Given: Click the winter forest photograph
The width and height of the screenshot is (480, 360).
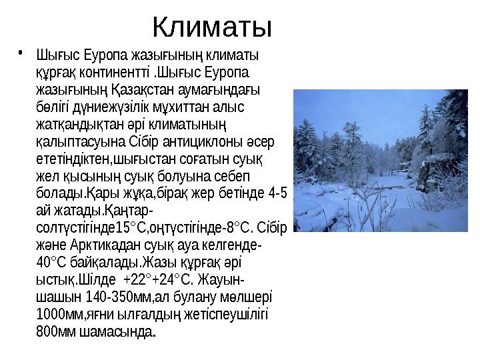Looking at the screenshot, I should pos(384,159).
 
